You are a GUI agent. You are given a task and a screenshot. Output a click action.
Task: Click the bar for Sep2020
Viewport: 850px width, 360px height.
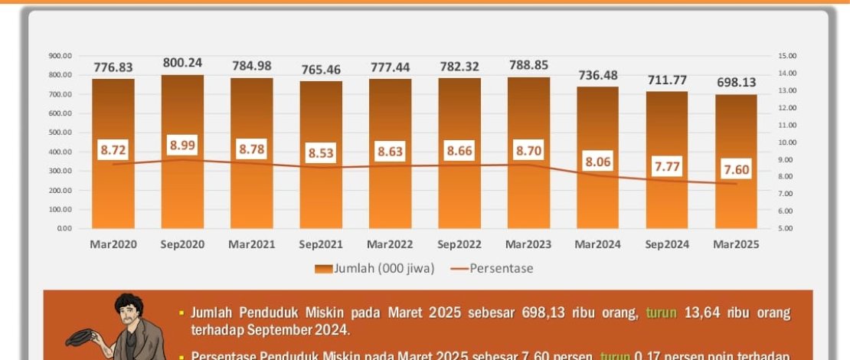182,191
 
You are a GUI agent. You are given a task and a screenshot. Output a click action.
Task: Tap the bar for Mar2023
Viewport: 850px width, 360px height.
528,191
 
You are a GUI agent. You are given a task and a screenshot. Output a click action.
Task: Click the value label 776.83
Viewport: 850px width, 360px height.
113,67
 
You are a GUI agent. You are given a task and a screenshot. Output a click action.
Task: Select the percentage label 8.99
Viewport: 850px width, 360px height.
182,144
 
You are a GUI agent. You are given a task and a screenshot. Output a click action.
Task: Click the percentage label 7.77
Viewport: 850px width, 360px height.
666,166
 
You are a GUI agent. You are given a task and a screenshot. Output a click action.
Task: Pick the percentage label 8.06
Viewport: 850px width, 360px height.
597,161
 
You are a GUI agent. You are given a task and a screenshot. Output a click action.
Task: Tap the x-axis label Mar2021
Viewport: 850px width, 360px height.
252,244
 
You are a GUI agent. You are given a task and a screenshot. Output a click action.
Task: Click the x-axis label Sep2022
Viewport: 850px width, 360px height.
459,244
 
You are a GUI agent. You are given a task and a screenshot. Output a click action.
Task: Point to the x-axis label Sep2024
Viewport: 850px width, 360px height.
666,244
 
